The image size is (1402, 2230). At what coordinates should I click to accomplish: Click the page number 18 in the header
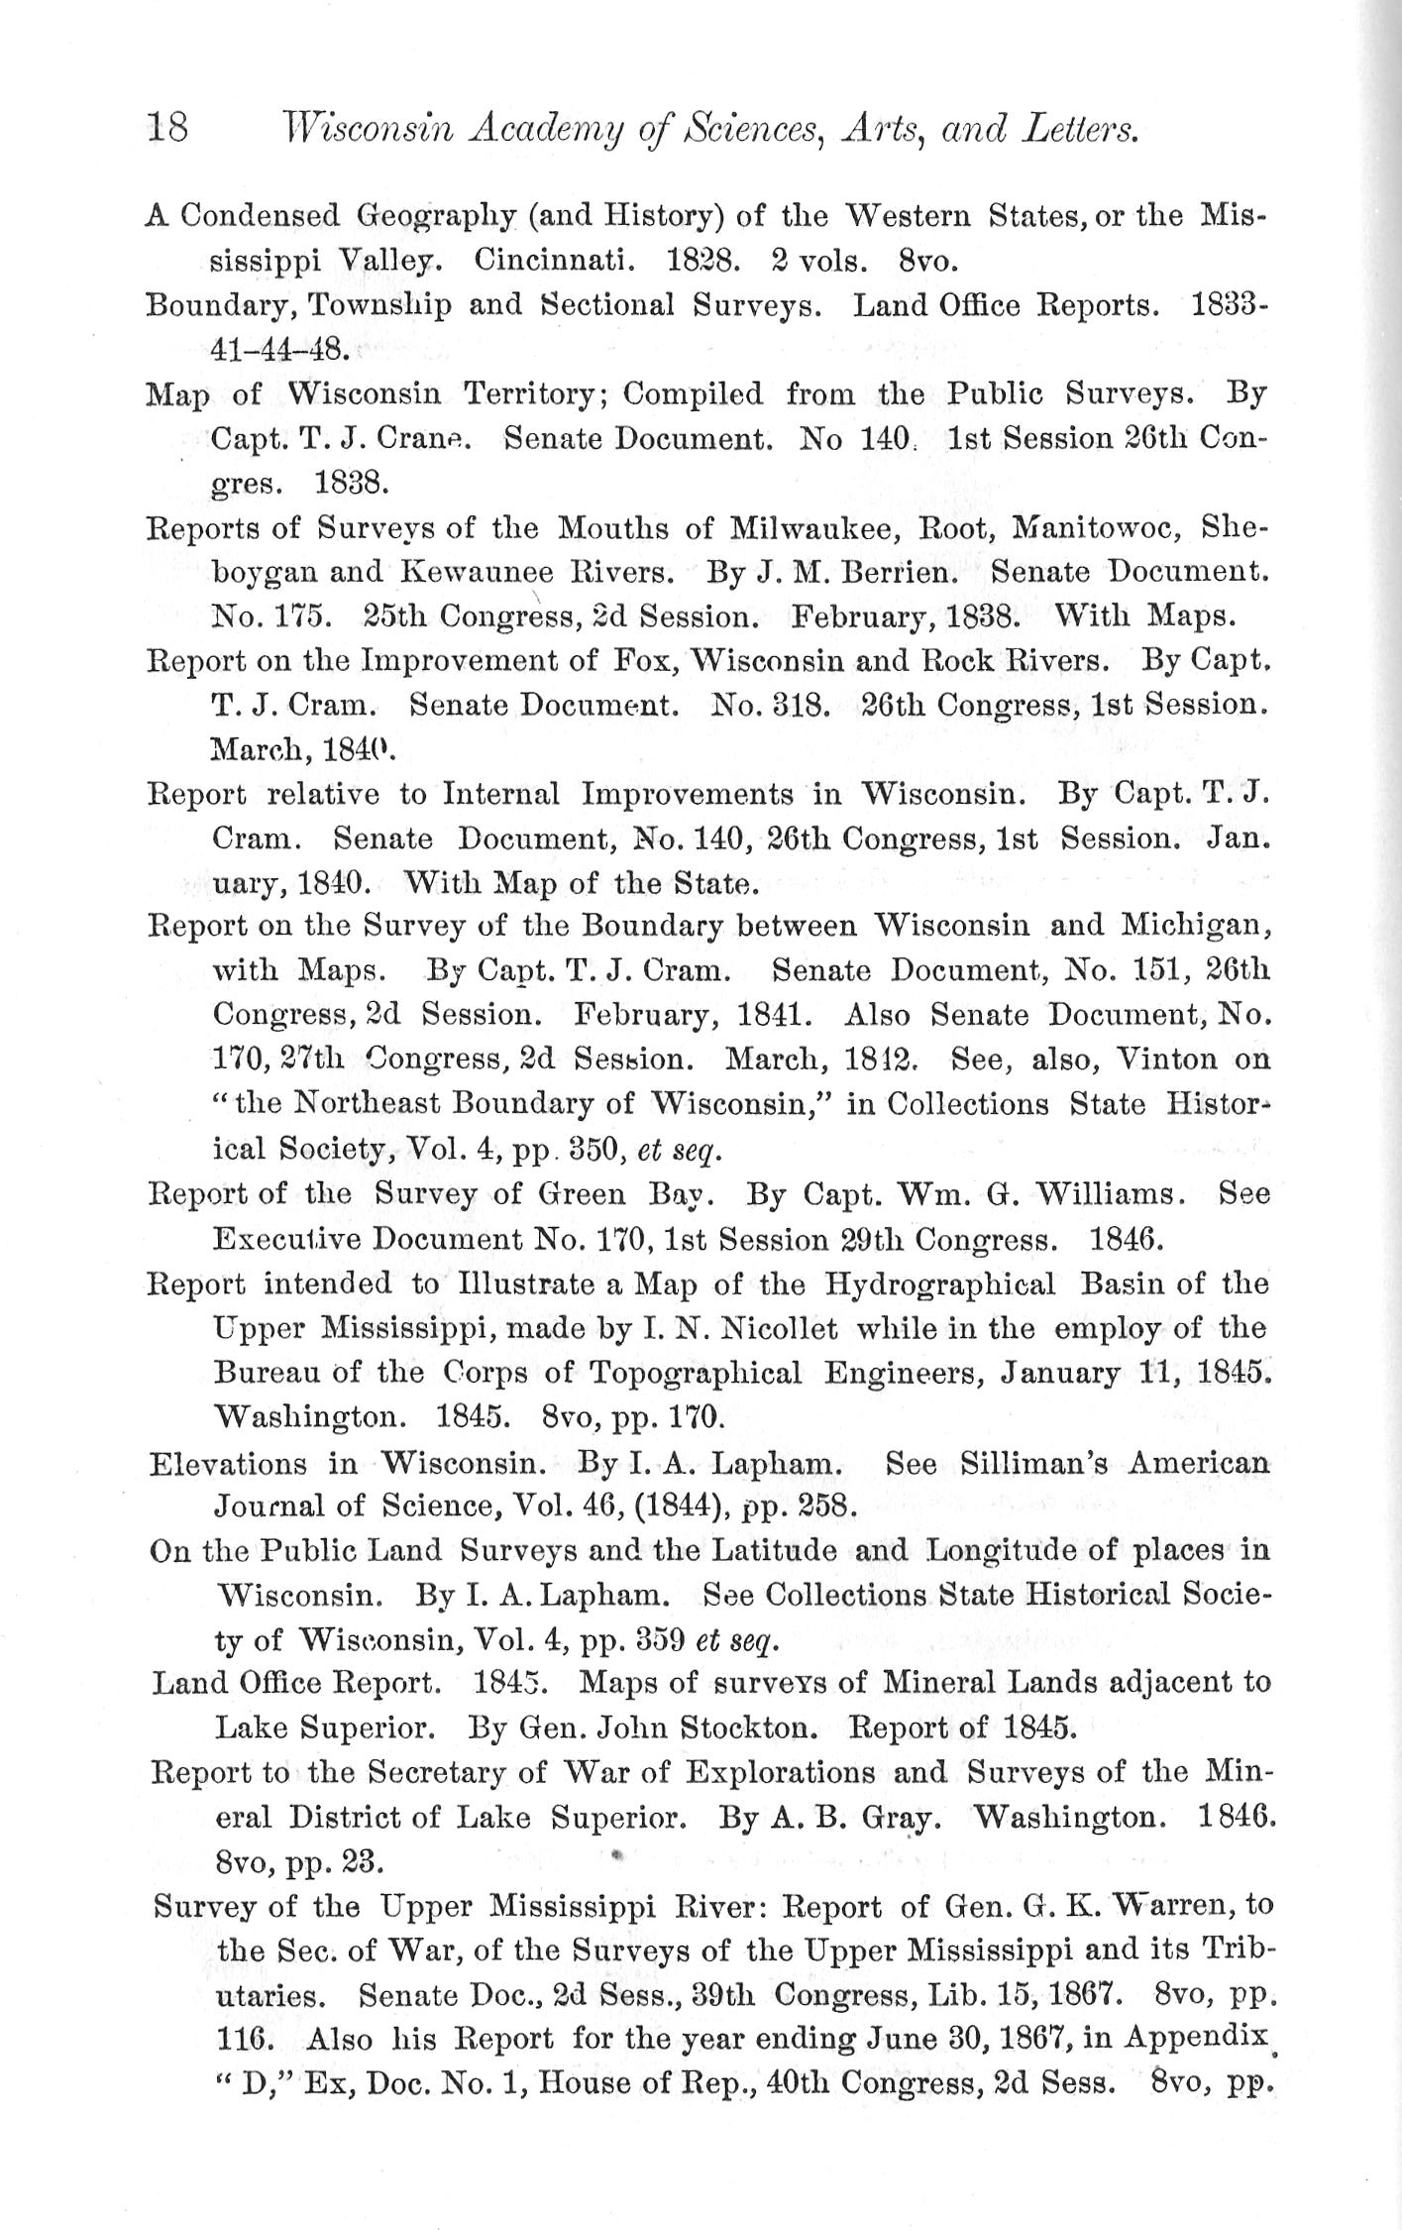click(167, 128)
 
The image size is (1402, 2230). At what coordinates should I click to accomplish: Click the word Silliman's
click(1037, 1463)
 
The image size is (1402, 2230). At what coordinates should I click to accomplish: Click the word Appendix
click(1197, 2040)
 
